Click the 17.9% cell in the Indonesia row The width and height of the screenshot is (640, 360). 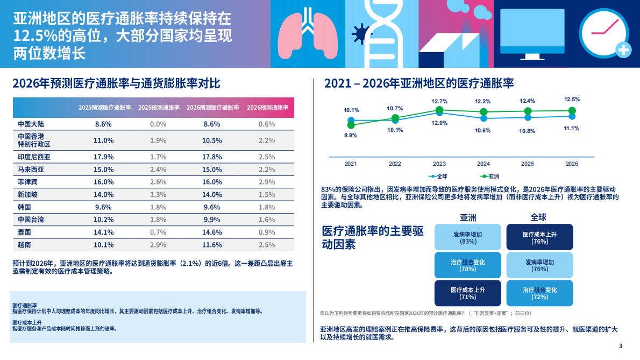tap(103, 157)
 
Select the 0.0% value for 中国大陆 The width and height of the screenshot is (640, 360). tap(158, 124)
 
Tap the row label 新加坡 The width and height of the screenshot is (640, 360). tap(28, 195)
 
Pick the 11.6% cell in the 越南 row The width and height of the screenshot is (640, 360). tap(212, 245)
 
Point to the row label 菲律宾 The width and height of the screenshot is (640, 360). tap(28, 182)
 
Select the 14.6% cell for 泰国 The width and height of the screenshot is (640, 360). tap(212, 232)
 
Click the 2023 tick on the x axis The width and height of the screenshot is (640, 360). tap(439, 164)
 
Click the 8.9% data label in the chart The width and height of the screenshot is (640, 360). tap(351, 136)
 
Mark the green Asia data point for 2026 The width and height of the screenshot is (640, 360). tap(572, 111)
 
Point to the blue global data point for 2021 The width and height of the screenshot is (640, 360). tap(351, 121)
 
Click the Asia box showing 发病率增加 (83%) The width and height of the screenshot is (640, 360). tap(468, 238)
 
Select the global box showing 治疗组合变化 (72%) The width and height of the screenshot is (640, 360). tap(539, 293)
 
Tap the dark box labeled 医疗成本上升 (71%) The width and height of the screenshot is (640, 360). tap(468, 293)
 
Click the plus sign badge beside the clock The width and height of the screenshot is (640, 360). tap(623, 50)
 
